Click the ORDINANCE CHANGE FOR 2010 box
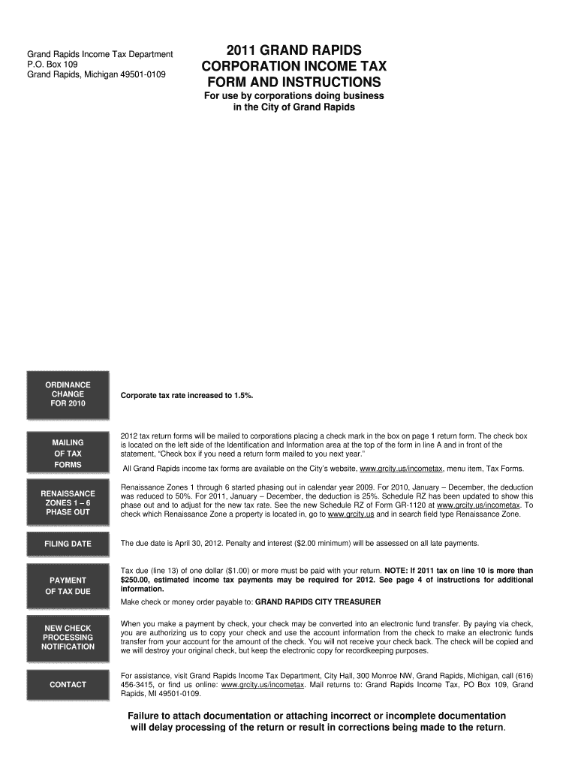[x=68, y=394]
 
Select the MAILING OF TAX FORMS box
[x=68, y=453]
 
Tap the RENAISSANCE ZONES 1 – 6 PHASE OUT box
[x=68, y=502]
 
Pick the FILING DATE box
[x=68, y=544]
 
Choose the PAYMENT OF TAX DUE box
[x=68, y=586]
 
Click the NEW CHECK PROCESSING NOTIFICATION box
[x=68, y=637]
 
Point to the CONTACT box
[x=68, y=685]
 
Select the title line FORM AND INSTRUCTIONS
[x=294, y=82]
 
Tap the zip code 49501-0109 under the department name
[x=143, y=75]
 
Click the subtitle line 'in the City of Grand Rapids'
[x=294, y=107]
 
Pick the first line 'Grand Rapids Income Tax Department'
[x=101, y=54]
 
